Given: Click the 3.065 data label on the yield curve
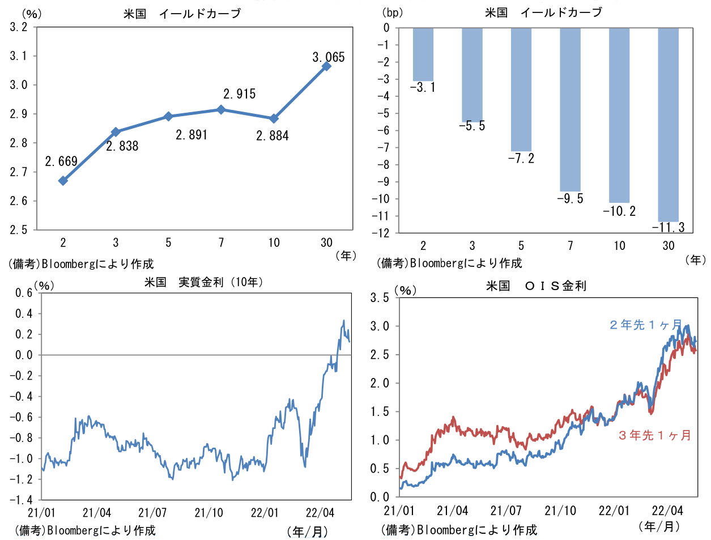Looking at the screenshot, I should (x=328, y=57).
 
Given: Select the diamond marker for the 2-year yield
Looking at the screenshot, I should (x=63, y=181).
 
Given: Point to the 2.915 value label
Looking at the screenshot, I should (x=239, y=94).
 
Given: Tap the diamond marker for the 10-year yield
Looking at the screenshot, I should (x=274, y=118).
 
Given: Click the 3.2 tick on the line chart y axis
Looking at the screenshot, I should (x=19, y=27).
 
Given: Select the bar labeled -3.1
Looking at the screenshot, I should (x=423, y=54).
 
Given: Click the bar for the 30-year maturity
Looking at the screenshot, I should (x=668, y=124).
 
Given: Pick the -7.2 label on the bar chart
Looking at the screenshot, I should (x=521, y=159).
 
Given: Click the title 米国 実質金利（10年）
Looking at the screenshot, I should (x=203, y=282).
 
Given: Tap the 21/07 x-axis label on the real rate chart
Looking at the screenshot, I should (x=152, y=513).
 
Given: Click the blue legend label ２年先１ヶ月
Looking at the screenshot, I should (x=645, y=325).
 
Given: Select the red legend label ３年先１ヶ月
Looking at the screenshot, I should (x=654, y=435).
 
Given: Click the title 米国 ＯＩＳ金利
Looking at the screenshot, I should (x=536, y=286).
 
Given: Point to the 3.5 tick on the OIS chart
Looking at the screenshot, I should (x=380, y=298).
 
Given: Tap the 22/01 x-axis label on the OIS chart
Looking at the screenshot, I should (x=614, y=511).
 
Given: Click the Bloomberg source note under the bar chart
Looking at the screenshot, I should (x=449, y=263).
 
